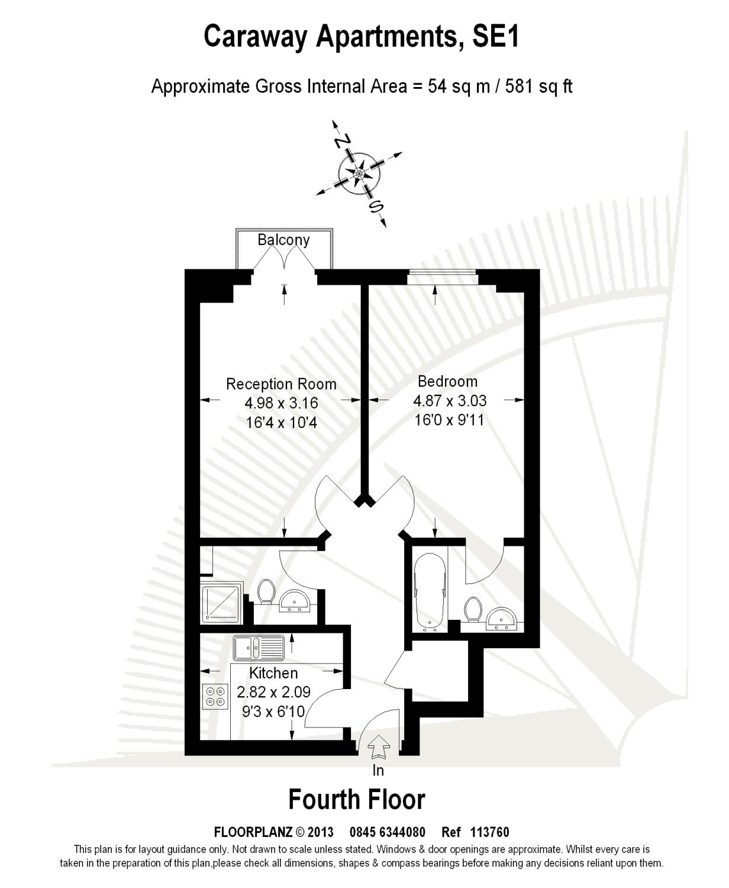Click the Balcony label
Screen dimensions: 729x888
click(x=283, y=240)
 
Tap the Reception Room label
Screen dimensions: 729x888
click(x=281, y=384)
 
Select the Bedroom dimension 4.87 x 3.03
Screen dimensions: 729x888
click(x=450, y=401)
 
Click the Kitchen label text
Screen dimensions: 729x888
click(x=273, y=673)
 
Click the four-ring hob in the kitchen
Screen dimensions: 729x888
click(x=215, y=696)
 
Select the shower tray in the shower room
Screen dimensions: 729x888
click(x=222, y=604)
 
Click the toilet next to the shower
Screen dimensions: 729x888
click(x=266, y=591)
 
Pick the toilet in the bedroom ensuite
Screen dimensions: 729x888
click(x=473, y=609)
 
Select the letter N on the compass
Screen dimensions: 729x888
click(x=342, y=141)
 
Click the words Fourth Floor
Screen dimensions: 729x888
click(x=357, y=799)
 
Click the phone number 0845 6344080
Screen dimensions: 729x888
click(x=388, y=832)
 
